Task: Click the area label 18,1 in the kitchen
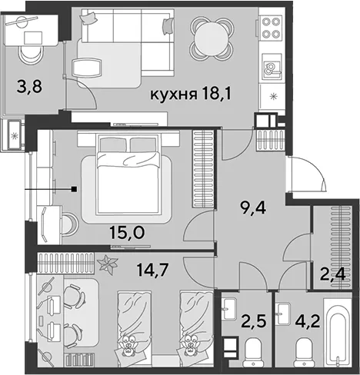[x=217, y=95]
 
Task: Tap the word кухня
[x=174, y=95]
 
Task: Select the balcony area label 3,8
[x=29, y=87]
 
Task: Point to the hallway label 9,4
[x=253, y=208]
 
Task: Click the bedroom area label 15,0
[x=127, y=232]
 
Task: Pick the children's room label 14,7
[x=152, y=270]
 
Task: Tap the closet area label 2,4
[x=332, y=274]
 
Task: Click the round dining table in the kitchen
[x=212, y=38]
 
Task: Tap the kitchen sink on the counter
[x=272, y=68]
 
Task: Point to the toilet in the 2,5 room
[x=253, y=352]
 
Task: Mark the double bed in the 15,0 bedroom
[x=128, y=174]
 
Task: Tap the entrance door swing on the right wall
[x=308, y=174]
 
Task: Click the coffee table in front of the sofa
[x=87, y=68]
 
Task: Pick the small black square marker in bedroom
[x=75, y=189]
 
